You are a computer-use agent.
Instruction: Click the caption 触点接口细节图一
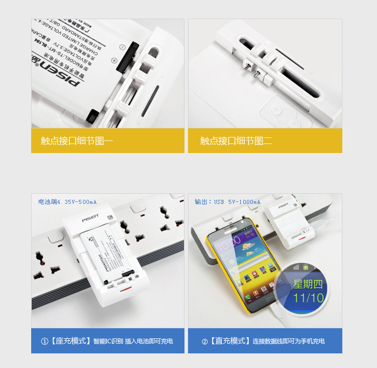(77, 141)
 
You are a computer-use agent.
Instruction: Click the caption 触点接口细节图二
(236, 141)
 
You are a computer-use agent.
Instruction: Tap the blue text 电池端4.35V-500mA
(67, 202)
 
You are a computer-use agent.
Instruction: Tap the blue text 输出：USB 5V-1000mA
(228, 202)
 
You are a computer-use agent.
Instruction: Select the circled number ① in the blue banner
(44, 341)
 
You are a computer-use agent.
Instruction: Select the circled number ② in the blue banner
(205, 341)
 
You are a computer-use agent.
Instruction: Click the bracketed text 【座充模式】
(71, 341)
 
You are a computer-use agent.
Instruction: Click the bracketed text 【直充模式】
(231, 341)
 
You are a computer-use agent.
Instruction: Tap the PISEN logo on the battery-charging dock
(90, 219)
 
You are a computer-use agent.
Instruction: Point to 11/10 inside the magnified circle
(309, 297)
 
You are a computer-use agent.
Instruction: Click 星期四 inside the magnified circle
(308, 284)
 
